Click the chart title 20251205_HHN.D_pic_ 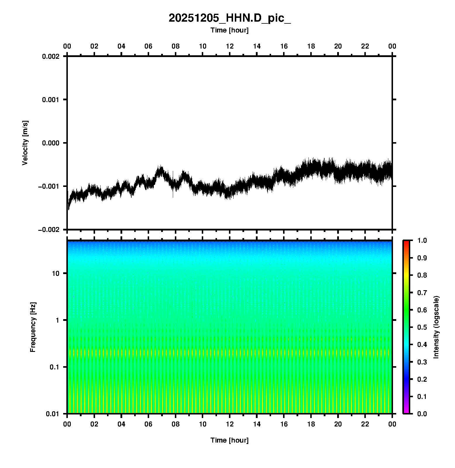pyautogui.click(x=230, y=18)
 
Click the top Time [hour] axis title pyautogui.click(x=230, y=30)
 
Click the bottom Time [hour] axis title pyautogui.click(x=230, y=440)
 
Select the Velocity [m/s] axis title pyautogui.click(x=25, y=143)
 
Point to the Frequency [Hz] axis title pyautogui.click(x=33, y=327)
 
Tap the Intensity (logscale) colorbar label pyautogui.click(x=436, y=327)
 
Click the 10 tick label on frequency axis pyautogui.click(x=56, y=273)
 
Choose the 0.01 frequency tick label pyautogui.click(x=53, y=414)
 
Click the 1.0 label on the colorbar pyautogui.click(x=422, y=240)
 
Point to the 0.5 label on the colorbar pyautogui.click(x=422, y=327)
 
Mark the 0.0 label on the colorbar pyautogui.click(x=422, y=414)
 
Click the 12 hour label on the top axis pyautogui.click(x=230, y=46)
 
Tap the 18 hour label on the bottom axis pyautogui.click(x=311, y=424)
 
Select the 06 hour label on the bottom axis pyautogui.click(x=149, y=424)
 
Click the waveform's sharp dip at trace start pyautogui.click(x=69, y=208)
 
